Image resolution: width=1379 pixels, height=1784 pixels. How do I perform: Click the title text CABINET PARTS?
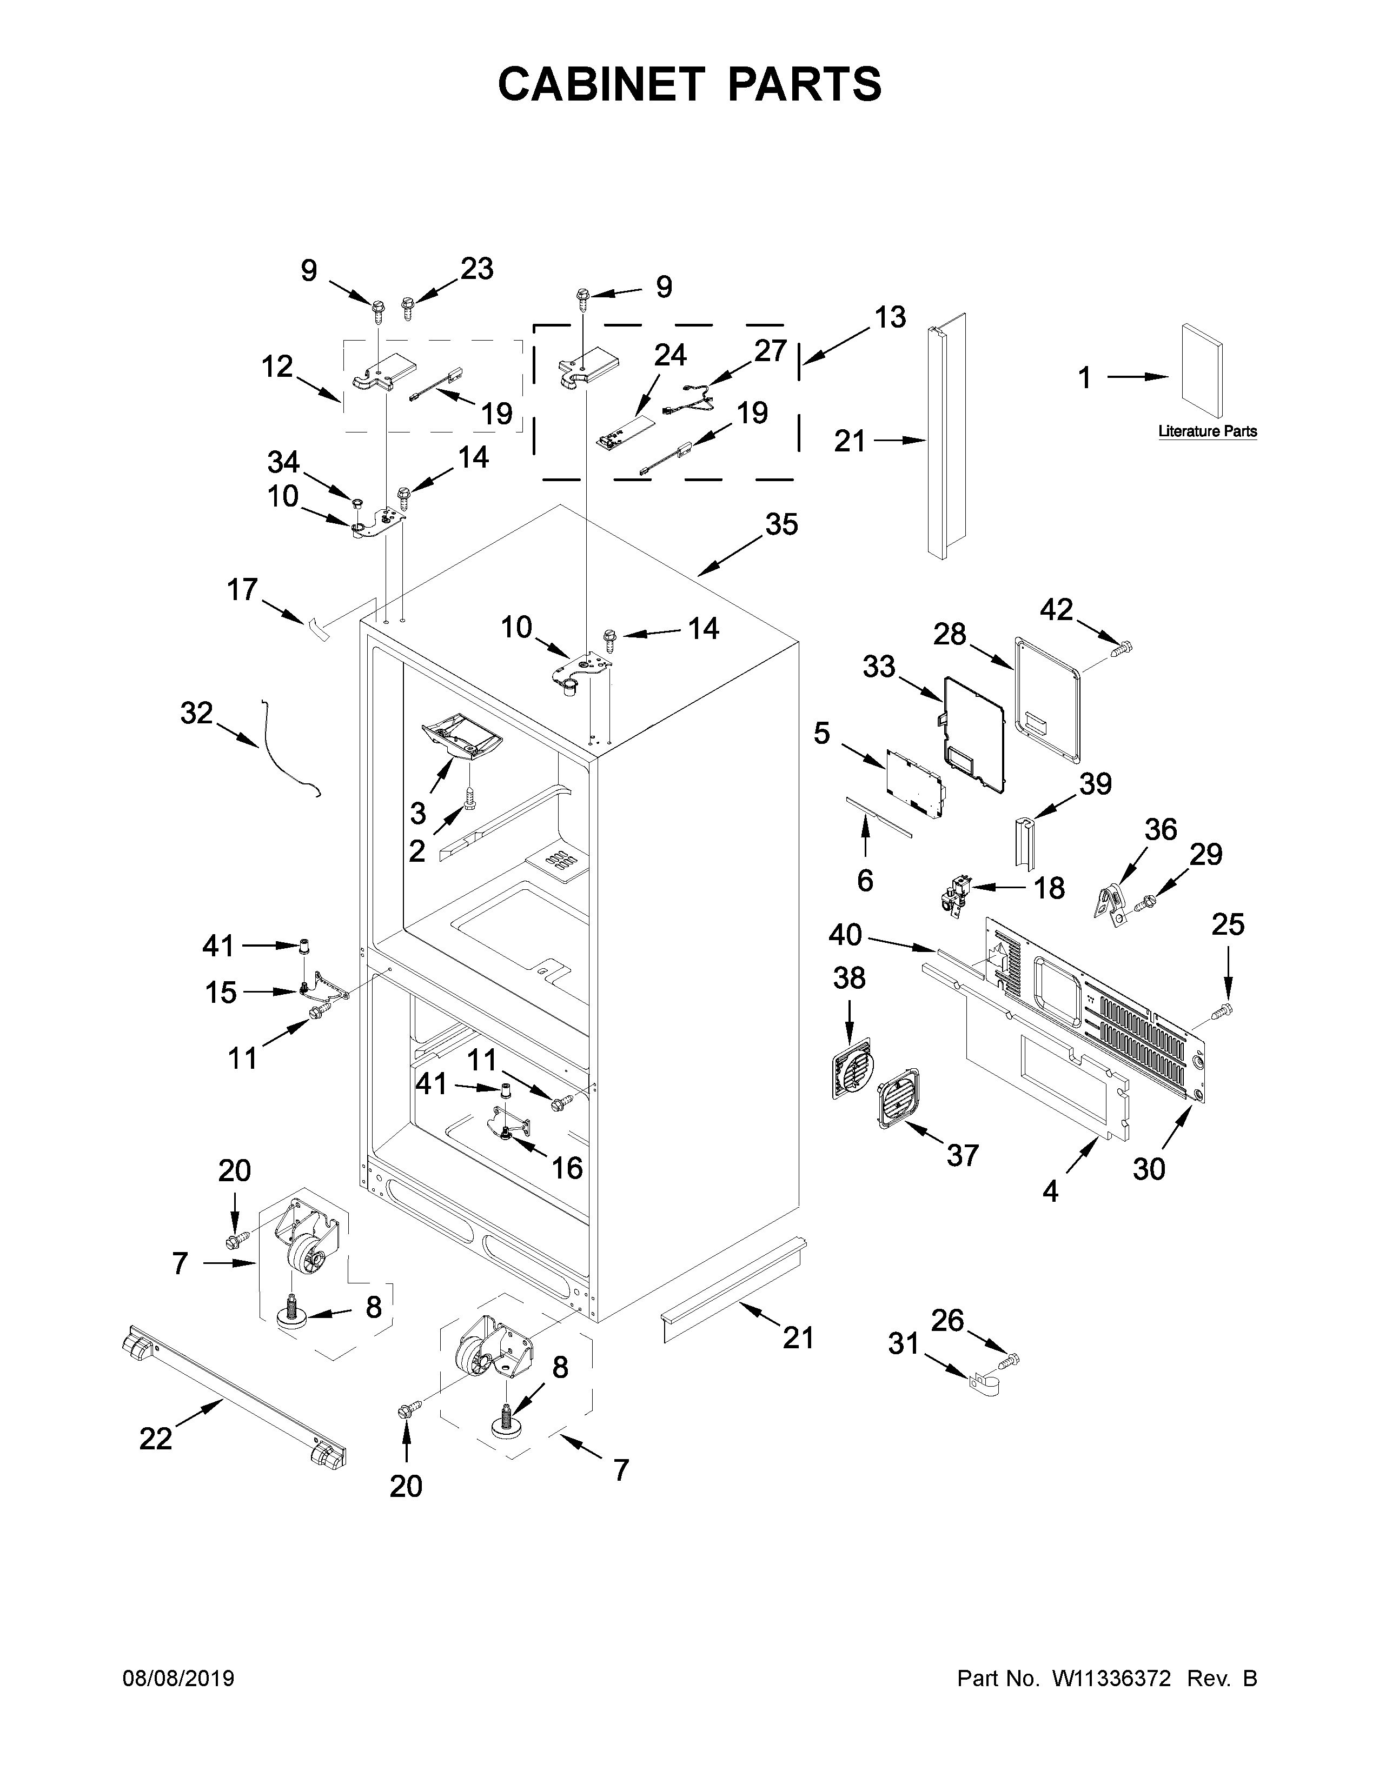point(689,84)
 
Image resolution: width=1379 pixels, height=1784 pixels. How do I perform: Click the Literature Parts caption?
point(1206,431)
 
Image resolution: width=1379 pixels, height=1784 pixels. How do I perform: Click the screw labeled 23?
point(408,309)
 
